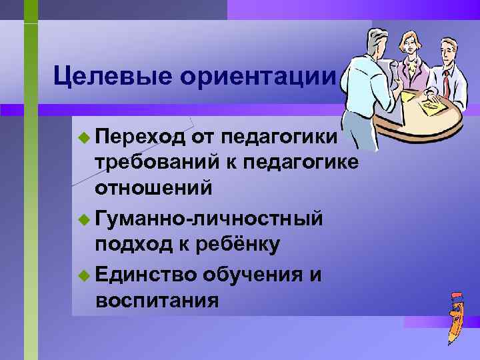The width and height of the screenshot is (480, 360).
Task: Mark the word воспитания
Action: point(157,299)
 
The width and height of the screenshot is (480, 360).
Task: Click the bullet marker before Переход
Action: point(83,138)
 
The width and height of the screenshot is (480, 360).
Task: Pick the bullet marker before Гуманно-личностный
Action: point(83,218)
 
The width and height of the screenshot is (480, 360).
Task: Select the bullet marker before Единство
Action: point(83,273)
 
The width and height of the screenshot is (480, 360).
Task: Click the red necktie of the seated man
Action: point(445,85)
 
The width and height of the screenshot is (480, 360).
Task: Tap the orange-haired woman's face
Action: point(408,46)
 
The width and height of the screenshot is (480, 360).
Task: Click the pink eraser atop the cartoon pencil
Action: point(456,295)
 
